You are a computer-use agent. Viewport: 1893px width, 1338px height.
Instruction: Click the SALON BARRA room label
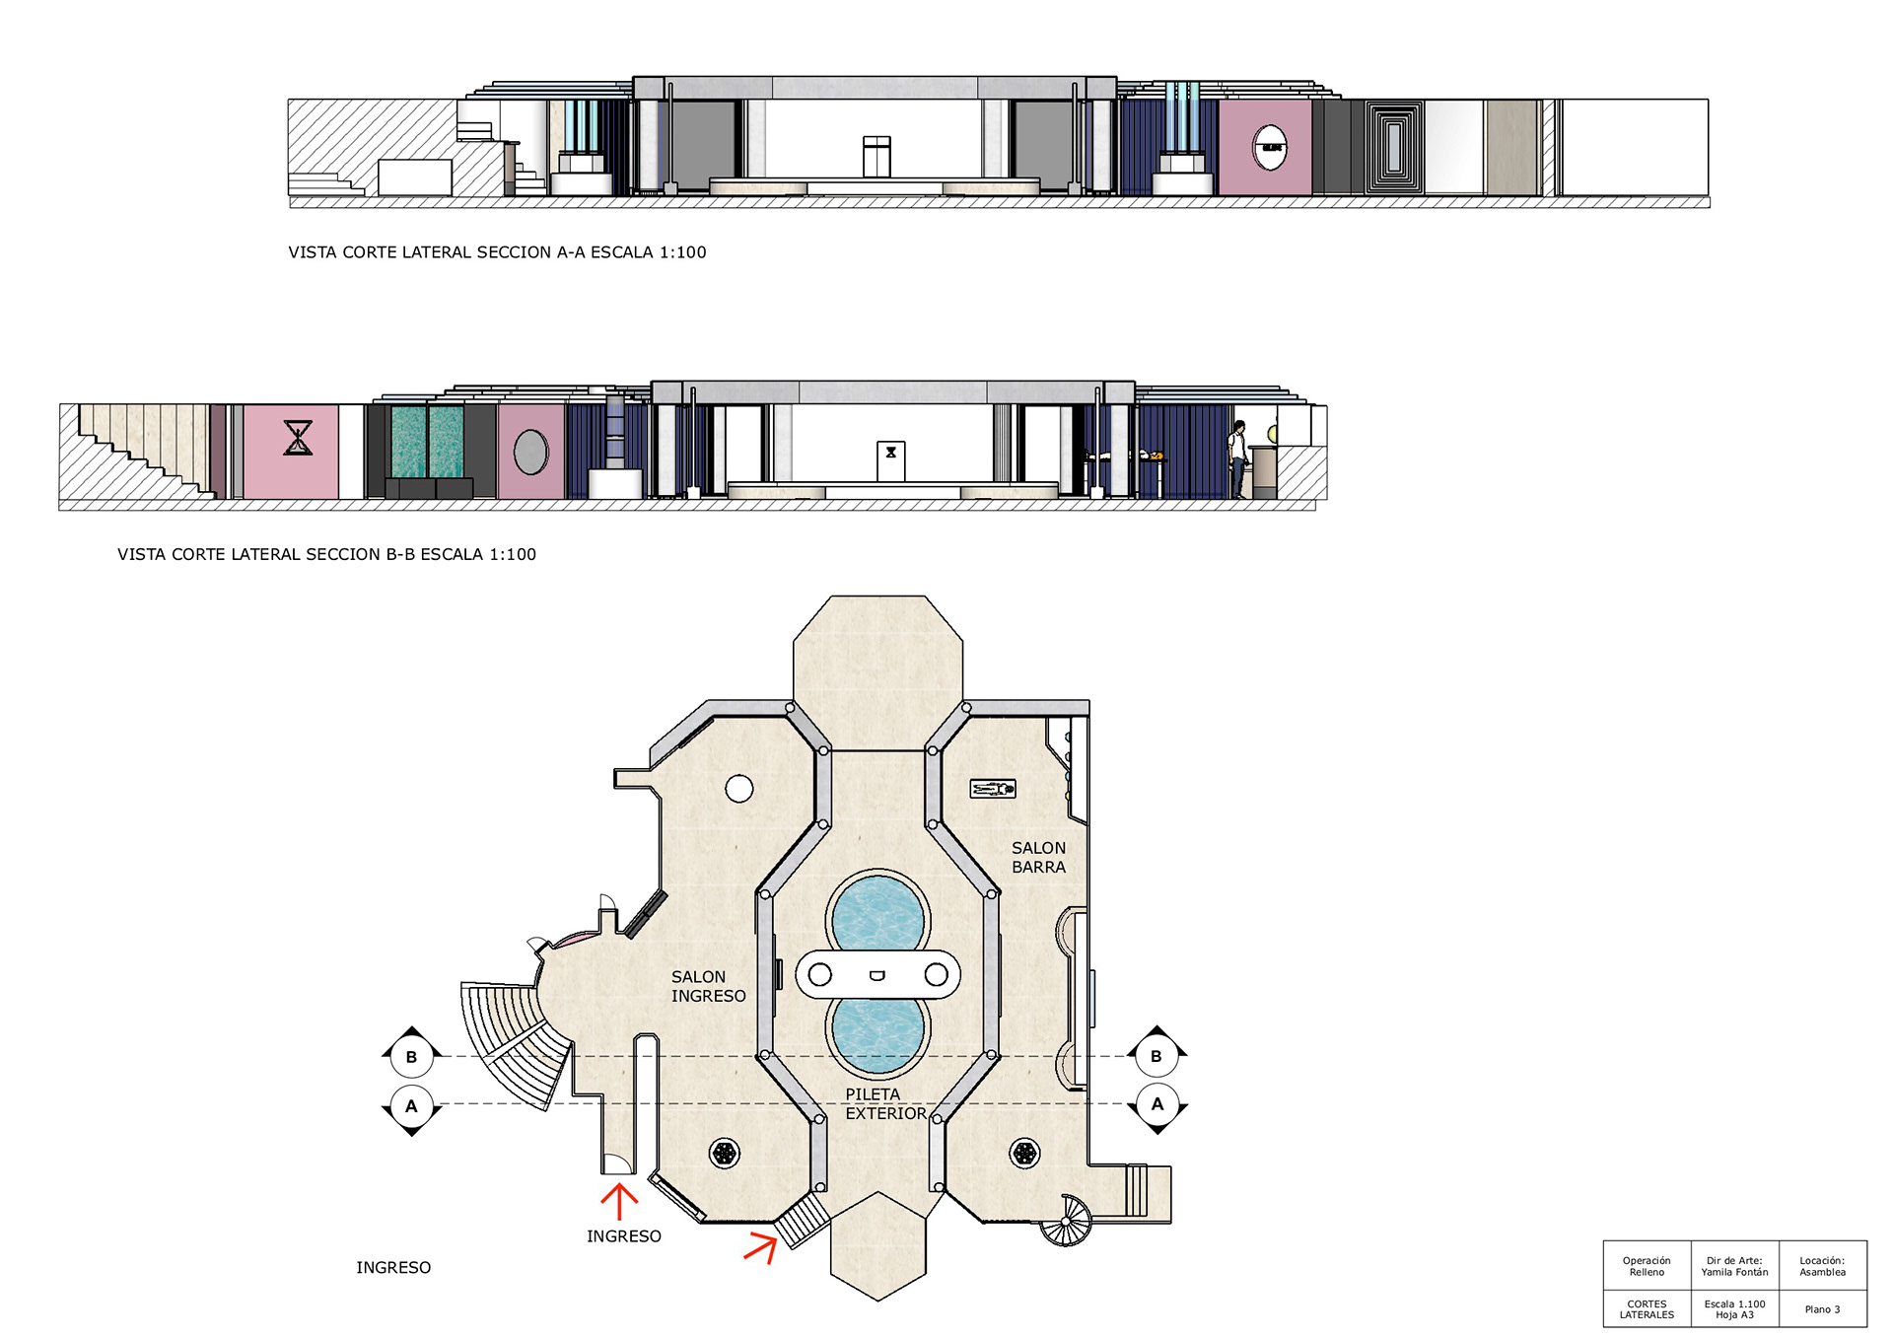coord(1038,857)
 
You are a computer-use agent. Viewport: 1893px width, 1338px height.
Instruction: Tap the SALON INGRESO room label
coord(708,986)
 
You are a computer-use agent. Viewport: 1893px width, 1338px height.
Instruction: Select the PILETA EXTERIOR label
coord(885,1103)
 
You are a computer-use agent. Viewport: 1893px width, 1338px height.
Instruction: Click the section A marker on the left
coord(411,1106)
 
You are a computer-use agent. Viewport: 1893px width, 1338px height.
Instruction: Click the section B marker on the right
coord(1157,1056)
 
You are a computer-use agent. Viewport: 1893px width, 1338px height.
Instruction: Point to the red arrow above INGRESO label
coord(619,1202)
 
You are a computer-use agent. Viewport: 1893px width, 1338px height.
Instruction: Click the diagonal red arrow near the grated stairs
coord(761,1246)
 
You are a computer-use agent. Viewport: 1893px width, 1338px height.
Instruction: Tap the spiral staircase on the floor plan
coord(1067,1221)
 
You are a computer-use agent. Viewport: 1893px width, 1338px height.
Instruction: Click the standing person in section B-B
coord(1237,458)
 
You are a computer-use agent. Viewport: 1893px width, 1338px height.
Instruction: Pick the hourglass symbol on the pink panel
coord(298,437)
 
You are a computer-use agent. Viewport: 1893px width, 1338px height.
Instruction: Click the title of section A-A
coord(497,252)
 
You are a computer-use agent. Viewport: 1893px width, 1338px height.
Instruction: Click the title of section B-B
coord(326,554)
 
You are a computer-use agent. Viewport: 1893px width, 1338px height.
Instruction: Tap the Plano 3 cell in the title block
coord(1822,1309)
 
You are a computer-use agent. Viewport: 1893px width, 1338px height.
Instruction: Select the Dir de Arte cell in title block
coord(1734,1266)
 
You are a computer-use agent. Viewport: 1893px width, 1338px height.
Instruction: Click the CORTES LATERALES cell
coord(1647,1309)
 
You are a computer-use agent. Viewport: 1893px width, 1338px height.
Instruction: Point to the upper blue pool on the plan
coord(877,917)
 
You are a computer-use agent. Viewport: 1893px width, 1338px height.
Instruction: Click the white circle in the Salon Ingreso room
coord(739,789)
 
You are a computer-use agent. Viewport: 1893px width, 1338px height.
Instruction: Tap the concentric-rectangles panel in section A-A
coord(1394,147)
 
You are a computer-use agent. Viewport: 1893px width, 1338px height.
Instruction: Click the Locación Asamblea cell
coord(1822,1266)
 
